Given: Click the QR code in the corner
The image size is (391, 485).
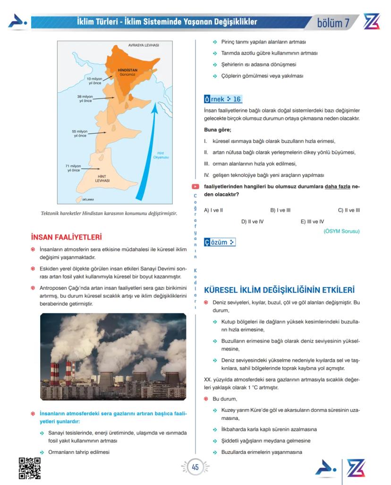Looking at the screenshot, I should point(29,468).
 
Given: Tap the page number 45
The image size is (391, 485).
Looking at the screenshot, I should point(195,467).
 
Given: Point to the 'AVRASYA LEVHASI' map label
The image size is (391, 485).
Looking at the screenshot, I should point(143,45).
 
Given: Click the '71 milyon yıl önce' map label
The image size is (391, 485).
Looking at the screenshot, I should point(74,168).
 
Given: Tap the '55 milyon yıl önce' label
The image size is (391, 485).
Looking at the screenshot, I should point(79,133).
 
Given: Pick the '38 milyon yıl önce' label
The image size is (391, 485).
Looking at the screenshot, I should point(85,98).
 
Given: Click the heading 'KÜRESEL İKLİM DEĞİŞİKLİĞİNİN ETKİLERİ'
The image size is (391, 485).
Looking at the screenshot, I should point(279,289).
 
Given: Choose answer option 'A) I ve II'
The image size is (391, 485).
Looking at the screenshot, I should point(213,210).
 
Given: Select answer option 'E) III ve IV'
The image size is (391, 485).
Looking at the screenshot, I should point(312,221).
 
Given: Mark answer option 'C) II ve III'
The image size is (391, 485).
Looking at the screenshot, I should point(348,210).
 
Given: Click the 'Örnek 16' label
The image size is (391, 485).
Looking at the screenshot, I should point(223,99).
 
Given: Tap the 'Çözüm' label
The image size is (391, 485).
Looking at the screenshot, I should point(220,242).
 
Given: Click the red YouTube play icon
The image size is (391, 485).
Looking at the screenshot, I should point(195,188).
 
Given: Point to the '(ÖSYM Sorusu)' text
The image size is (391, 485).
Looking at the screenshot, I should point(341,231).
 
